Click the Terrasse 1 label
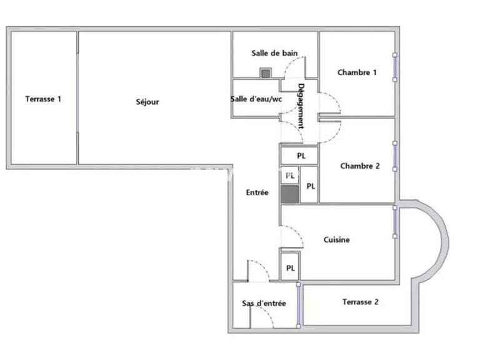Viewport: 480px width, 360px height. click(x=43, y=98)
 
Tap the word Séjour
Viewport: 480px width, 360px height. click(x=147, y=101)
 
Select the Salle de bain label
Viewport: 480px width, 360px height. click(x=274, y=53)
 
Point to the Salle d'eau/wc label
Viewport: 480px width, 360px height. click(x=256, y=98)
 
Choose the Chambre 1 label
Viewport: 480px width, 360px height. click(x=357, y=72)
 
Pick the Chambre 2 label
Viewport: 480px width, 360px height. click(x=360, y=166)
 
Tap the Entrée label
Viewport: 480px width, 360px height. click(x=257, y=192)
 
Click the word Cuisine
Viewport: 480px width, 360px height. click(x=337, y=239)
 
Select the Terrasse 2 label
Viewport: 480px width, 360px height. click(x=361, y=302)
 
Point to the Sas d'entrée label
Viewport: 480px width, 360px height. click(x=264, y=304)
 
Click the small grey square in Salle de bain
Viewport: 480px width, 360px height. click(x=266, y=73)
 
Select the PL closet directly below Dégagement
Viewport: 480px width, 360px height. click(x=301, y=155)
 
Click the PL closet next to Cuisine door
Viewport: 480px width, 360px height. click(x=290, y=267)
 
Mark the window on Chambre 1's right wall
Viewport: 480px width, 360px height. click(x=395, y=67)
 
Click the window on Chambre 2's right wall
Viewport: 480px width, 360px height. click(x=395, y=155)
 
